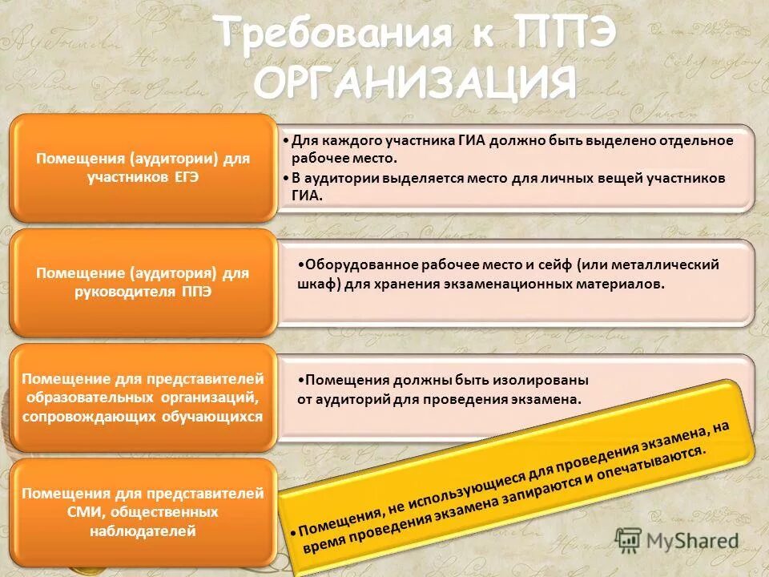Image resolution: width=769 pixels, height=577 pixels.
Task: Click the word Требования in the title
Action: [x=324, y=34]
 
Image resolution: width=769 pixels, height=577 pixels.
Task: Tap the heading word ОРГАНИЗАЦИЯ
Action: [x=416, y=83]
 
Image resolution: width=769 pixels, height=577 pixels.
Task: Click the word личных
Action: [x=534, y=177]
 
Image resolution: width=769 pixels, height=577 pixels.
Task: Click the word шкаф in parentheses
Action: [x=305, y=284]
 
